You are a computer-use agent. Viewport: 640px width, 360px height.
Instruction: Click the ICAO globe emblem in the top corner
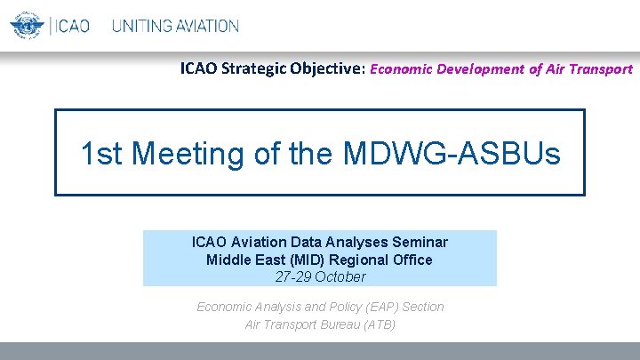point(27,25)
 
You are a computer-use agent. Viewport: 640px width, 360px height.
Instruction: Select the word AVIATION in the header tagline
point(207,26)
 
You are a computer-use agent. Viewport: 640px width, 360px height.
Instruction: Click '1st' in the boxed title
point(101,154)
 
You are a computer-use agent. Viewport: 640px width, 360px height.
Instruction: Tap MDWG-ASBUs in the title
point(451,154)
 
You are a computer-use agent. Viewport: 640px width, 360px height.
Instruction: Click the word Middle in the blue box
point(228,260)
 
